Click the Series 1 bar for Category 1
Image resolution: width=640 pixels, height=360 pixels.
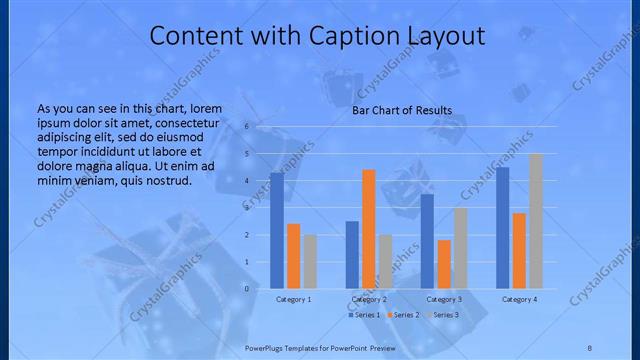(276, 230)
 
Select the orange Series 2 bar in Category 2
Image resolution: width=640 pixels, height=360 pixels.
(368, 228)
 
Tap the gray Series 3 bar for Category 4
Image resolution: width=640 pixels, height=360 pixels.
(535, 221)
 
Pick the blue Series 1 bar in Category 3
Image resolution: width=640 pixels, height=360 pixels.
(427, 241)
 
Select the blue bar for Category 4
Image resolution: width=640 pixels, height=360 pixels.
(503, 227)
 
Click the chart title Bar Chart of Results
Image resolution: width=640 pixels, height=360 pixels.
(402, 110)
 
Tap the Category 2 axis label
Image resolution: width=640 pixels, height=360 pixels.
(369, 299)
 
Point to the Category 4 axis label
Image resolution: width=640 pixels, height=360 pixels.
(519, 299)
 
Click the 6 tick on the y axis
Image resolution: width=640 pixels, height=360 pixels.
(246, 127)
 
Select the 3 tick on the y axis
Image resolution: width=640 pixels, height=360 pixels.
(246, 208)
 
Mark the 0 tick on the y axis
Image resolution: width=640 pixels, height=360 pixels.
(246, 288)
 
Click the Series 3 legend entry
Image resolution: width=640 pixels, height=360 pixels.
(445, 315)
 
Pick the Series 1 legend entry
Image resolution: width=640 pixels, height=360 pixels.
(365, 315)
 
